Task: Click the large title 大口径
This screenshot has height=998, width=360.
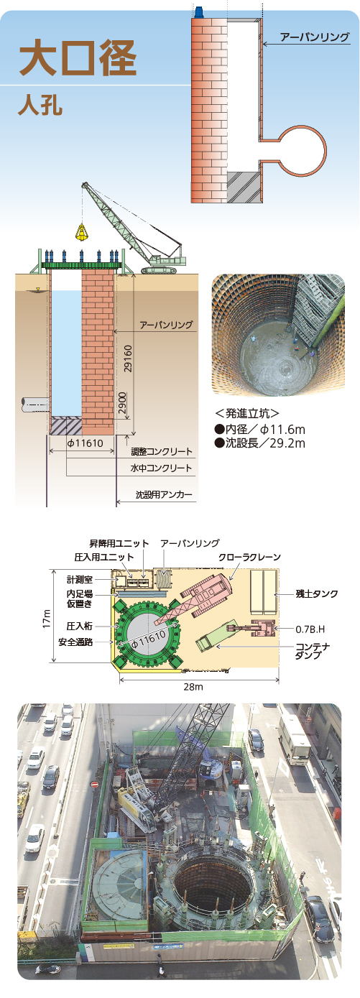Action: [x=78, y=58]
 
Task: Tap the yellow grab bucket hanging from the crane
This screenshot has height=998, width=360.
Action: [x=81, y=231]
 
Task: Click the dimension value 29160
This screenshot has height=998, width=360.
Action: [x=129, y=359]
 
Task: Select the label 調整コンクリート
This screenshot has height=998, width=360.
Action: [x=161, y=451]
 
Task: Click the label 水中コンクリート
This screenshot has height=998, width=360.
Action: [x=161, y=468]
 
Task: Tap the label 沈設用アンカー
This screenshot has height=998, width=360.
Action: [x=164, y=494]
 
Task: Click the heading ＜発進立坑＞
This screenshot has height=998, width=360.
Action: [x=246, y=413]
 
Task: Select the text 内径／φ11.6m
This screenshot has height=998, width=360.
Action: [x=259, y=430]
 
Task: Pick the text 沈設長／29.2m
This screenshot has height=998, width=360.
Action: [x=259, y=443]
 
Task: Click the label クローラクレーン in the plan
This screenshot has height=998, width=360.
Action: [x=249, y=557]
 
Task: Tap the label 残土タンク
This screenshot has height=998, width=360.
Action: [x=317, y=593]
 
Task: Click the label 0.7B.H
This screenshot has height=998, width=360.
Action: [x=310, y=629]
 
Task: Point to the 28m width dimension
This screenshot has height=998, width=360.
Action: [x=193, y=687]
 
